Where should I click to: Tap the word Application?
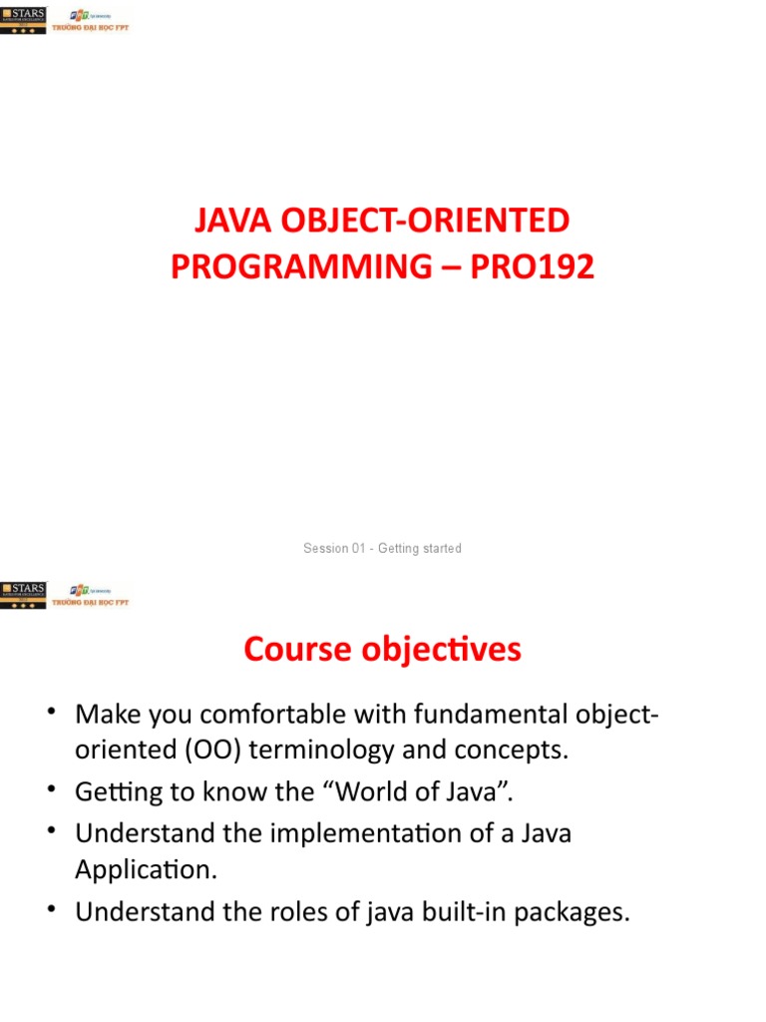145,868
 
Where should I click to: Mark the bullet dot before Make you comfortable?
51,715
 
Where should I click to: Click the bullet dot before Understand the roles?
51,913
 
